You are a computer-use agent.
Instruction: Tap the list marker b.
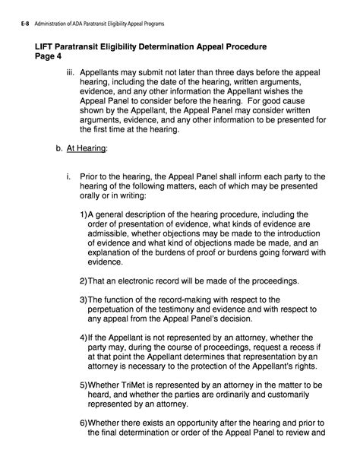click(59, 149)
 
